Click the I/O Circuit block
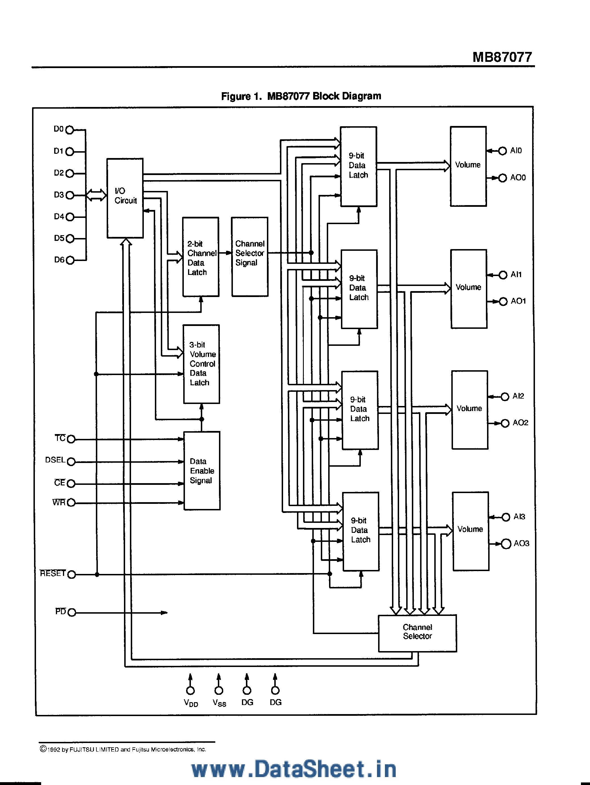pyautogui.click(x=125, y=198)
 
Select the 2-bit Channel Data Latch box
pyautogui.click(x=201, y=257)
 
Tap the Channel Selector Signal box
pyautogui.click(x=249, y=257)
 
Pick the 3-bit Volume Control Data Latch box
pyautogui.click(x=201, y=364)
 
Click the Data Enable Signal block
pyautogui.click(x=201, y=471)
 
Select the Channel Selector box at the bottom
pyautogui.click(x=417, y=633)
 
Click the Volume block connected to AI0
pyautogui.click(x=468, y=166)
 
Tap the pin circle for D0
pyautogui.click(x=70, y=130)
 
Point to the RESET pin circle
pyautogui.click(x=71, y=574)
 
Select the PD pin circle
pyautogui.click(x=71, y=613)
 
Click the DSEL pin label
pyautogui.click(x=55, y=460)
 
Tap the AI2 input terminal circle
pyautogui.click(x=505, y=397)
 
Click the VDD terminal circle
pyautogui.click(x=190, y=690)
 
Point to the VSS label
pyautogui.click(x=219, y=703)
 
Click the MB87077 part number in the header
pyautogui.click(x=502, y=57)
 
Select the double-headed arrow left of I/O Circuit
pyautogui.click(x=96, y=195)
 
